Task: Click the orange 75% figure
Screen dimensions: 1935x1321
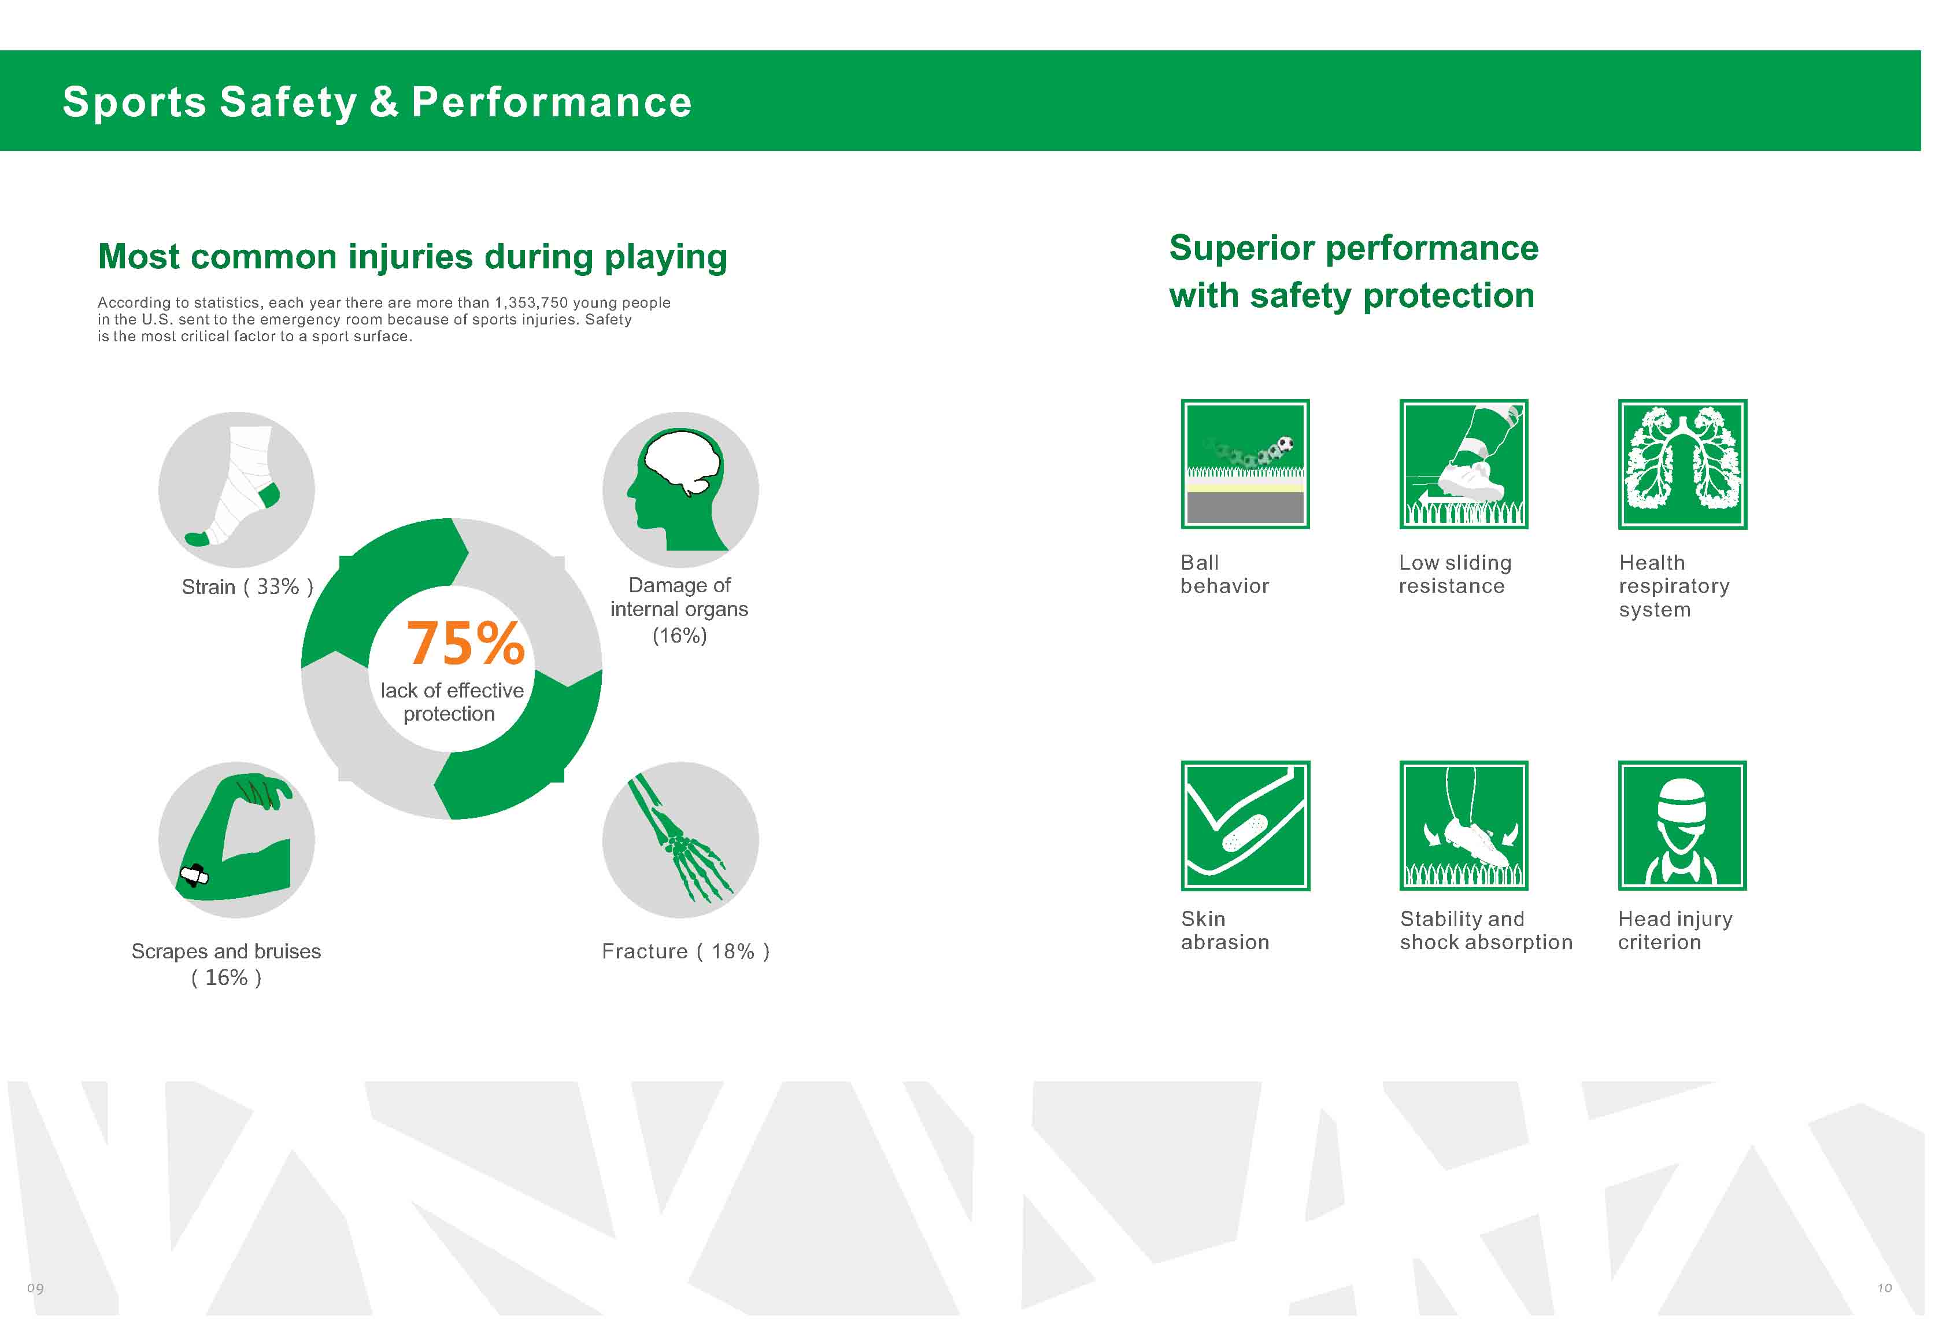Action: pyautogui.click(x=465, y=644)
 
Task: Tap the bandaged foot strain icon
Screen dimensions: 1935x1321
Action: pyautogui.click(x=236, y=490)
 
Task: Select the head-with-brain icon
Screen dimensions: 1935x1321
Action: pyautogui.click(x=680, y=490)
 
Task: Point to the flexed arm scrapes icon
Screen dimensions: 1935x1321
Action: pyautogui.click(x=236, y=840)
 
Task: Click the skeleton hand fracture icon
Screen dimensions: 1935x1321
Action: pyautogui.click(x=680, y=840)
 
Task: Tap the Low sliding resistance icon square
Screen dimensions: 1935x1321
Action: pyautogui.click(x=1464, y=464)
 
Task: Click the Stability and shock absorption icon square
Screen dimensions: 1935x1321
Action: pyautogui.click(x=1464, y=825)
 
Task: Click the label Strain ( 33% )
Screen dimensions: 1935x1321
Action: pyautogui.click(x=247, y=587)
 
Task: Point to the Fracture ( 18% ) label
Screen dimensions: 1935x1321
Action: pyautogui.click(x=685, y=951)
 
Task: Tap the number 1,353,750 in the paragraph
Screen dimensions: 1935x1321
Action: pyautogui.click(x=531, y=303)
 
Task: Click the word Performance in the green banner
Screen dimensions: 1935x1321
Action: pyautogui.click(x=551, y=102)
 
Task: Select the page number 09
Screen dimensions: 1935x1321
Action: pyautogui.click(x=35, y=1287)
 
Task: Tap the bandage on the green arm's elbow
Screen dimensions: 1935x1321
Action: pyautogui.click(x=194, y=876)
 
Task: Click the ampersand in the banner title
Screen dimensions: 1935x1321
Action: pyautogui.click(x=384, y=102)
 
